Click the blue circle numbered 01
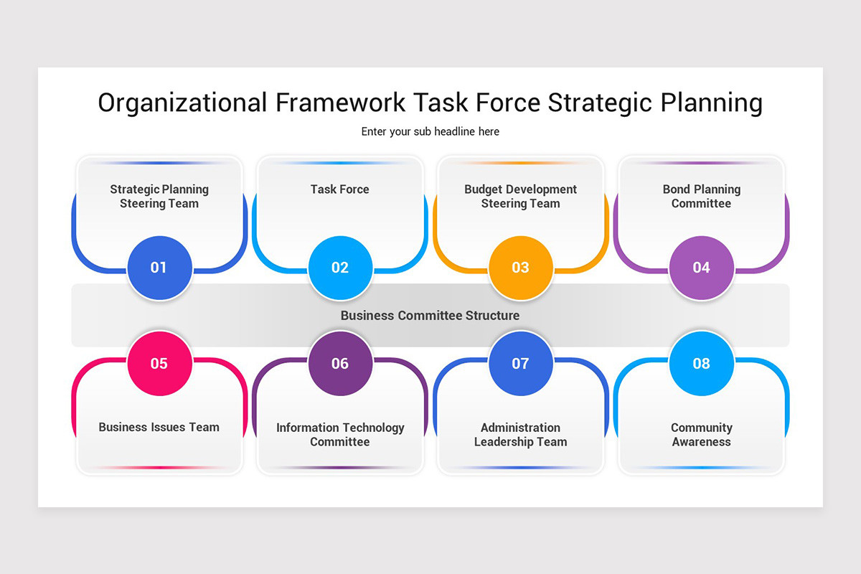159,268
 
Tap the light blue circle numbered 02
340,268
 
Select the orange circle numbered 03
521,268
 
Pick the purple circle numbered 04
702,268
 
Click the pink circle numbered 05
159,363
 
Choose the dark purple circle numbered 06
340,363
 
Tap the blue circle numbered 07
521,363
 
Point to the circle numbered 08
702,363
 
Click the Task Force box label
340,189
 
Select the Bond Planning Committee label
702,197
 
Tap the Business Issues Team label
159,427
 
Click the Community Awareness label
702,435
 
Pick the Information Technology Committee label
340,435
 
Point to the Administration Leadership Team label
521,435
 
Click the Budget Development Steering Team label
521,197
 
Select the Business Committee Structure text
430,316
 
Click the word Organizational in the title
182,103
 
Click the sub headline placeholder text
430,132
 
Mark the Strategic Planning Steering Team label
159,197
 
